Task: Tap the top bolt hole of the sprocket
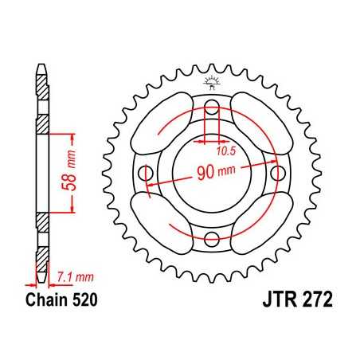[x=212, y=108]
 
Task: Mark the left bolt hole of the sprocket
[x=147, y=173]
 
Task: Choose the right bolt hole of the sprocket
[x=276, y=173]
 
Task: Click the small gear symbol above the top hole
[x=212, y=80]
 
